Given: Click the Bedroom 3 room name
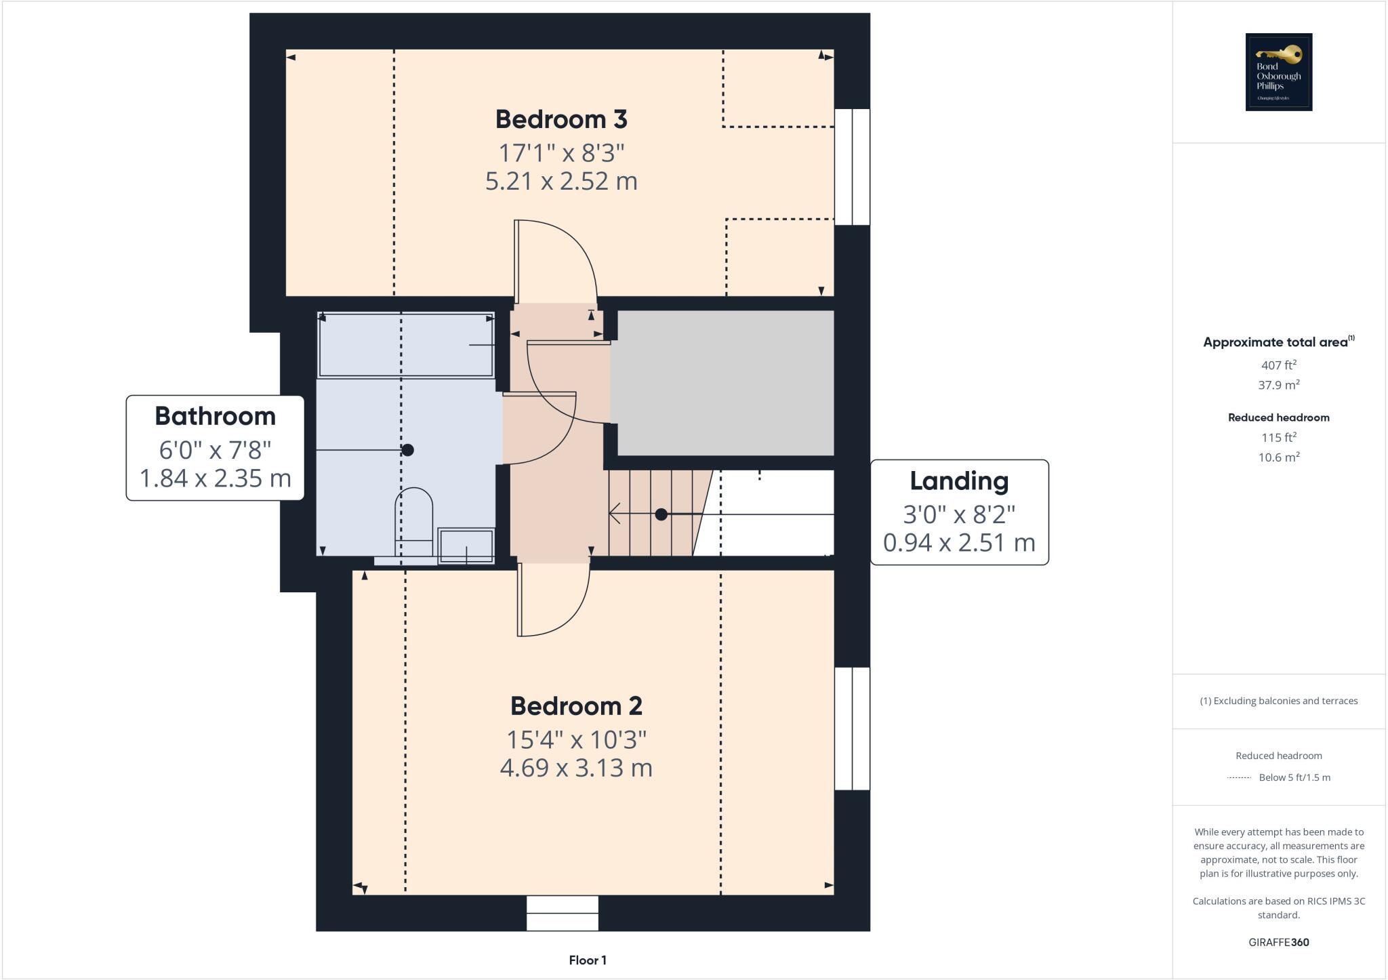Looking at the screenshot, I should pos(561,119).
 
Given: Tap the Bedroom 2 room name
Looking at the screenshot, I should pos(576,706).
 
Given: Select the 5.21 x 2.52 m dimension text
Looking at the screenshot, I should pos(561,182).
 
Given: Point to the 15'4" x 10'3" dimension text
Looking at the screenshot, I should pos(576,739).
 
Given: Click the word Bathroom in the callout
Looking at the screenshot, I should pos(215,416).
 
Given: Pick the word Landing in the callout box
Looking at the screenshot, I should pos(959,481).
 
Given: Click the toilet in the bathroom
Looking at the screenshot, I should pos(413,518).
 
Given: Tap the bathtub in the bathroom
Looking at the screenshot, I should pos(406,344).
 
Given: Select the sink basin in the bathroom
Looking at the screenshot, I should pos(466,546).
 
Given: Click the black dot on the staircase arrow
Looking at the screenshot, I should pos(661,514).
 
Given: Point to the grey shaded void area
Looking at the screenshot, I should pos(724,383).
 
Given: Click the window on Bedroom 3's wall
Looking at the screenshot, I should pos(852,167).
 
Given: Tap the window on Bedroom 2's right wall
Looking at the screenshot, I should pos(852,729).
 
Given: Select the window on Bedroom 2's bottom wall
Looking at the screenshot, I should pos(563,913).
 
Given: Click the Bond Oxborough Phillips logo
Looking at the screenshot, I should pos(1279,72).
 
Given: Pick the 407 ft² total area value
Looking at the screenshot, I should pos(1278,365).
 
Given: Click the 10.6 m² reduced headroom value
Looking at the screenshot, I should pos(1278,457).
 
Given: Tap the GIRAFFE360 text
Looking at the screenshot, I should pos(1278,942).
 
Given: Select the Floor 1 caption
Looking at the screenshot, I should pos(588,960).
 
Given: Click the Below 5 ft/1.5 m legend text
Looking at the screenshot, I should pos(1294,777).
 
